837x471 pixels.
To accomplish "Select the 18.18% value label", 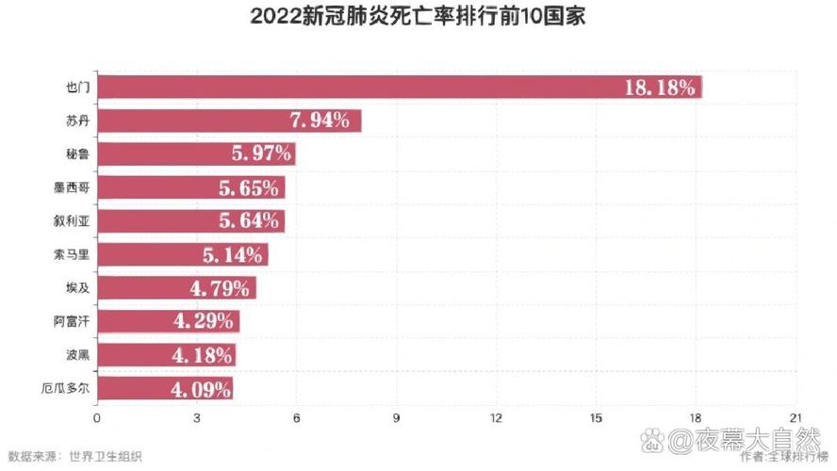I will (660, 88).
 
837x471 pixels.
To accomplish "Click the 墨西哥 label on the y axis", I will (73, 187).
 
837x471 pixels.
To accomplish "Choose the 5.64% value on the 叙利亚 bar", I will (248, 221).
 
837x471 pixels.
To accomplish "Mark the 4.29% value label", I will (203, 321).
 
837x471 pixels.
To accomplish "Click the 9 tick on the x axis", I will (397, 417).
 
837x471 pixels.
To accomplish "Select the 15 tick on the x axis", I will (597, 417).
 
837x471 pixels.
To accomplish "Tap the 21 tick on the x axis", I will (796, 417).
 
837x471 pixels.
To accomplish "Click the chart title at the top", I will (418, 18).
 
